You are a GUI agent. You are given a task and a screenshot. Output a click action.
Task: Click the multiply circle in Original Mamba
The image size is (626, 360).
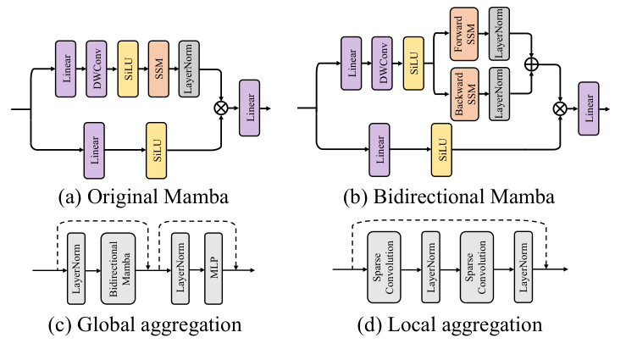222,108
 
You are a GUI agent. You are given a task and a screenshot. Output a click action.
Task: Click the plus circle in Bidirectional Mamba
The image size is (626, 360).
532,64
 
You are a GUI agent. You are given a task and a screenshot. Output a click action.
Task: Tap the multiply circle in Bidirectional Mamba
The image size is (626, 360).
560,108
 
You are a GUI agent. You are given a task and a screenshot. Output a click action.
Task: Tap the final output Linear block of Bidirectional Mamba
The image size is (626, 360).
589,108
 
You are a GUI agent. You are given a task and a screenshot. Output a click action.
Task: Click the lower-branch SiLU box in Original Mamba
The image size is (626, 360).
157,149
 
